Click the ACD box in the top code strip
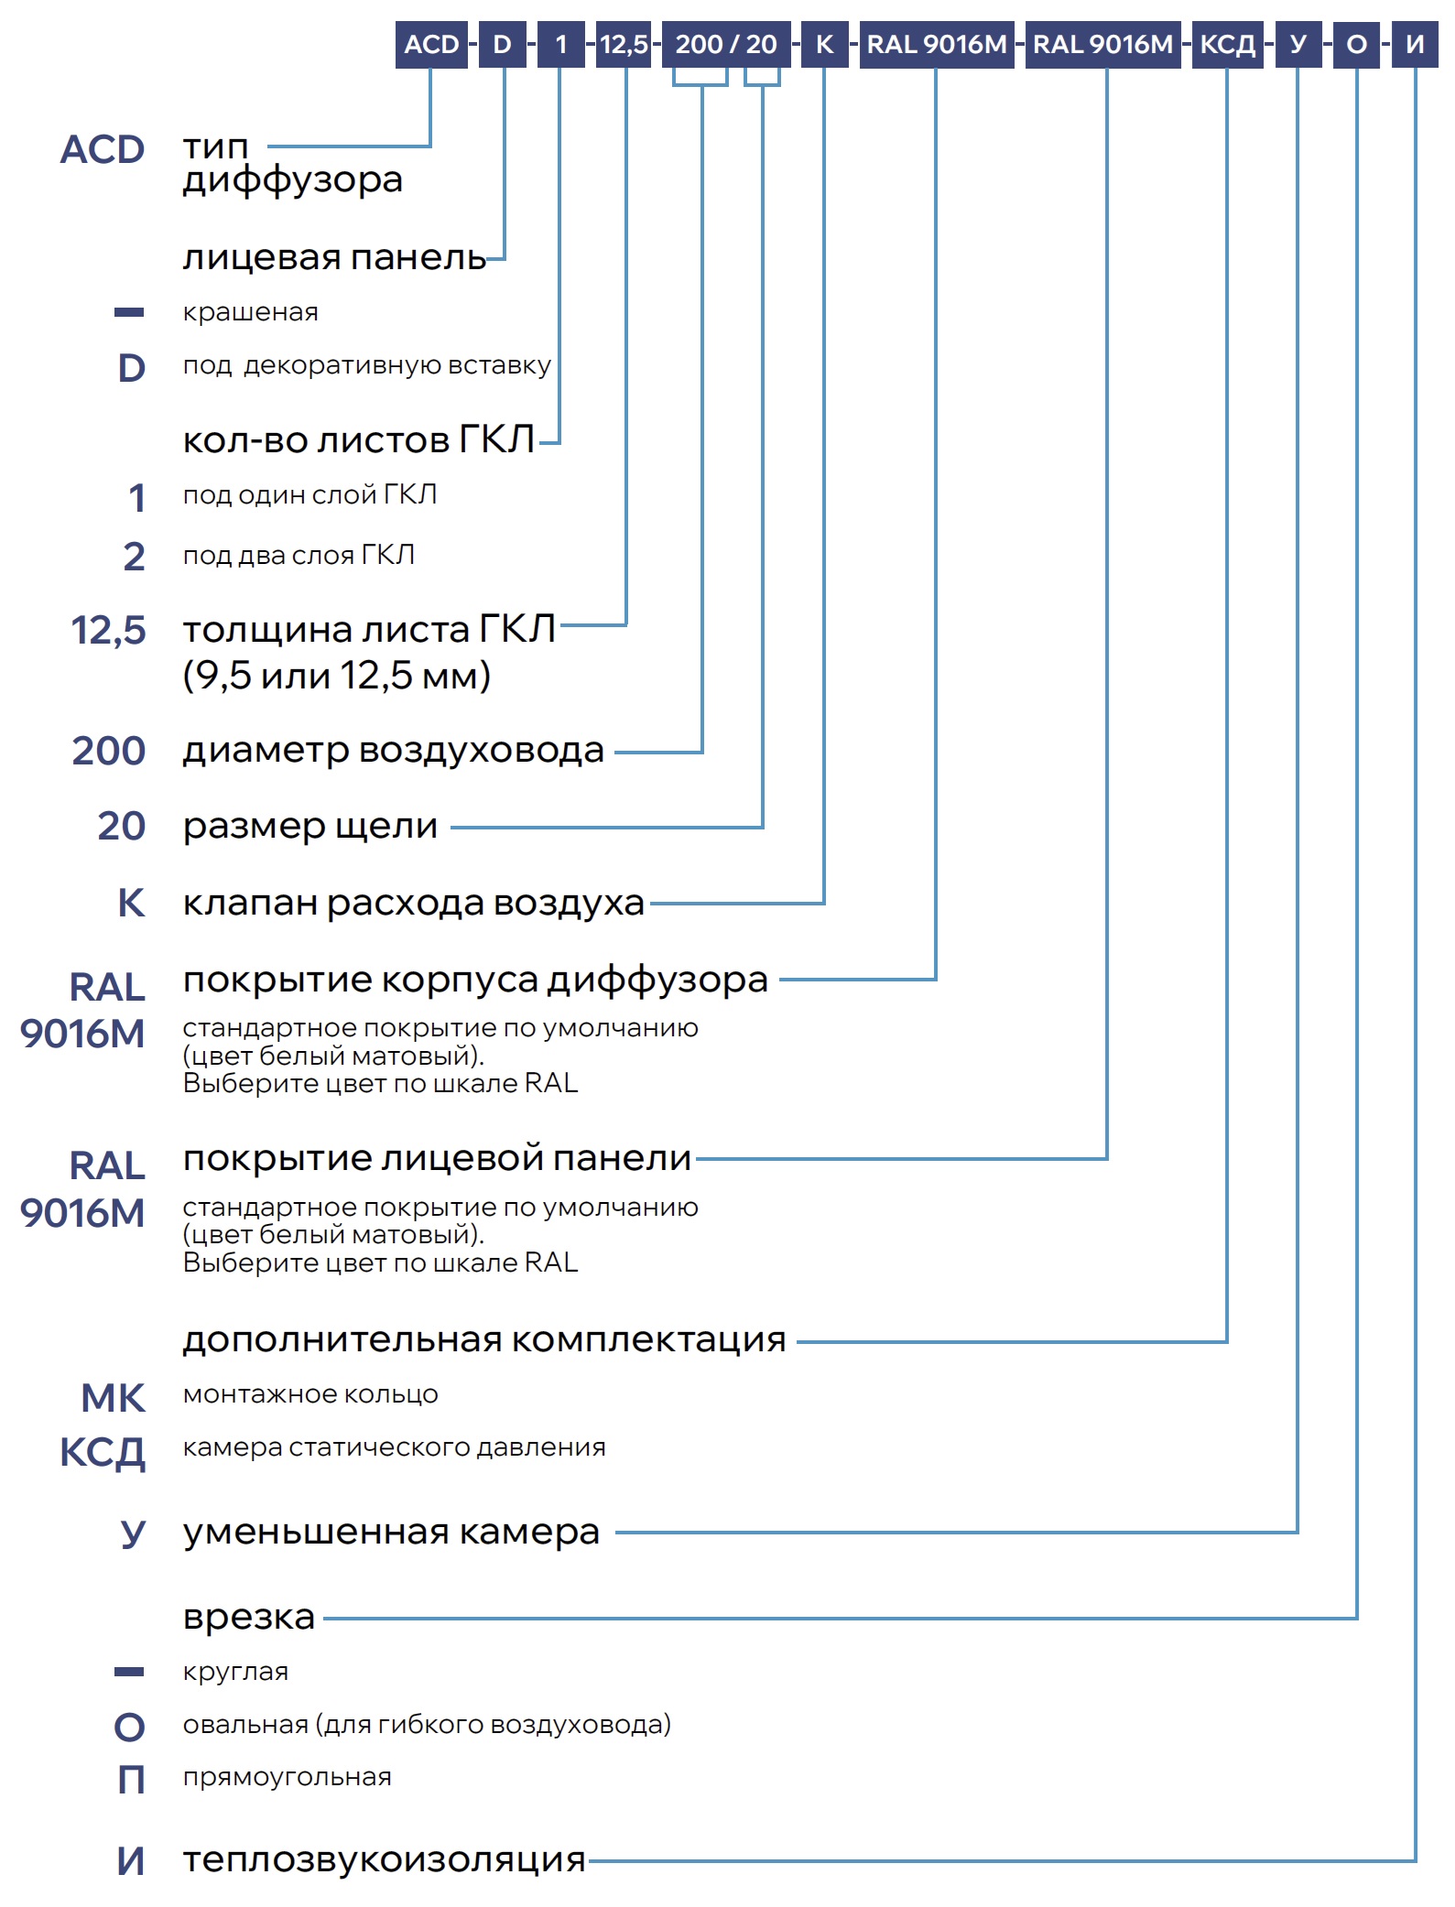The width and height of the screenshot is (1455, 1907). pyautogui.click(x=431, y=45)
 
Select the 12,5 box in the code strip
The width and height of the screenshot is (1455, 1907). pyautogui.click(x=624, y=45)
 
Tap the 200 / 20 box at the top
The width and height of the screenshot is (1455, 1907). pyautogui.click(x=725, y=45)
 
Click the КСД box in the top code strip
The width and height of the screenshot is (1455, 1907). pyautogui.click(x=1227, y=45)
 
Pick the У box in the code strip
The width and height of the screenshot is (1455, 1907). pyautogui.click(x=1298, y=45)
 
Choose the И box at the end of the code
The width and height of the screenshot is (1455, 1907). pyautogui.click(x=1415, y=45)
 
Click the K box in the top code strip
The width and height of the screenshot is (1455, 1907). pyautogui.click(x=824, y=45)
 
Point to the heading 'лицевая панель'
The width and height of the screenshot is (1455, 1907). pyautogui.click(x=334, y=258)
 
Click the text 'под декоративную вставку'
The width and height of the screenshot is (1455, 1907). pyautogui.click(x=366, y=365)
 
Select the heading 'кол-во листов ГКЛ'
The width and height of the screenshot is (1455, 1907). pyautogui.click(x=358, y=440)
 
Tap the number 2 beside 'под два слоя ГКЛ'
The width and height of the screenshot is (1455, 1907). pyautogui.click(x=134, y=557)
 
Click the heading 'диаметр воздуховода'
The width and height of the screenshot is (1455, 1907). pyautogui.click(x=393, y=751)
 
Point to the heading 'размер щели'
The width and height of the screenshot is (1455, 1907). pyautogui.click(x=310, y=826)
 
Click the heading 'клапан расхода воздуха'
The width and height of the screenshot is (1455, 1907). pyautogui.click(x=413, y=903)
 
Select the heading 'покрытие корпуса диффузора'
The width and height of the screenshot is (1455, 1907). pyautogui.click(x=475, y=980)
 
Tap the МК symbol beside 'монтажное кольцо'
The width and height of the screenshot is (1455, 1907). pyautogui.click(x=113, y=1398)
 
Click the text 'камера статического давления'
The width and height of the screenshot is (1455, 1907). pyautogui.click(x=394, y=1447)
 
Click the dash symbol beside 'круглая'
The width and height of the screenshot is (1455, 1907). pyautogui.click(x=129, y=1672)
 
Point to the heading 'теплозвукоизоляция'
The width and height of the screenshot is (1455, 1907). pyautogui.click(x=384, y=1859)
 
